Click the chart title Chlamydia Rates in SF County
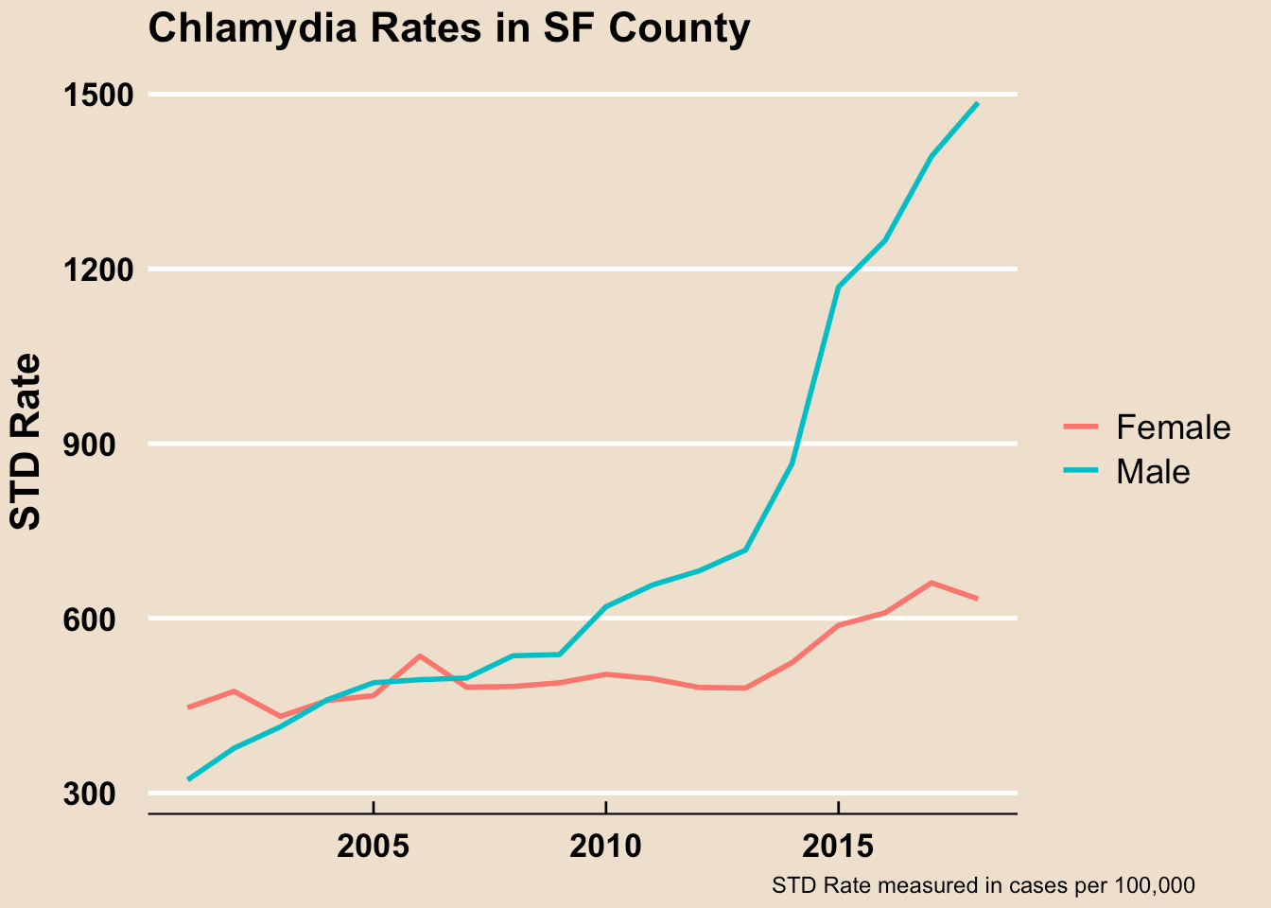[x=448, y=28]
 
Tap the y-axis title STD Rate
[x=26, y=441]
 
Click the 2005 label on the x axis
[x=374, y=845]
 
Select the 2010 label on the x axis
[x=605, y=845]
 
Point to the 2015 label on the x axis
[x=838, y=845]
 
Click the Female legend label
[x=1173, y=428]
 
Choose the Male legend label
[x=1152, y=471]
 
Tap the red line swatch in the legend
[x=1081, y=428]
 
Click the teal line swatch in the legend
[x=1081, y=471]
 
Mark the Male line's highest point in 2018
[x=977, y=104]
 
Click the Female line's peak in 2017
[x=931, y=583]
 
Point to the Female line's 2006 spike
[x=420, y=656]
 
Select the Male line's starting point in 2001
[x=189, y=779]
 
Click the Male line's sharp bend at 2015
[x=838, y=287]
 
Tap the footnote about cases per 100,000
[x=984, y=886]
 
